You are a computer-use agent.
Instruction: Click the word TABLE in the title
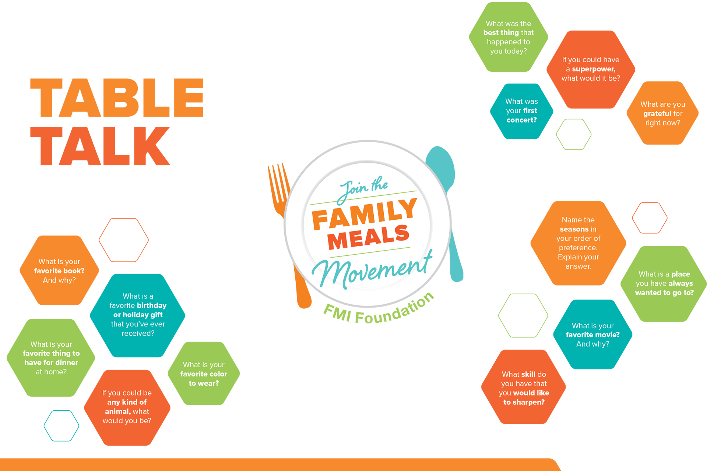click(x=117, y=98)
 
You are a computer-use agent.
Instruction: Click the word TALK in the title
click(x=100, y=146)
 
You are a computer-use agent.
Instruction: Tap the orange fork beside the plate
click(x=279, y=188)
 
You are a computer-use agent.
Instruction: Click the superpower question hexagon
click(x=591, y=69)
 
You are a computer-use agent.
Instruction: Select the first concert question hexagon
click(x=521, y=111)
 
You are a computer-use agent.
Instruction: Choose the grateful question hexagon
click(x=662, y=113)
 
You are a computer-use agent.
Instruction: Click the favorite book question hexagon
click(x=59, y=270)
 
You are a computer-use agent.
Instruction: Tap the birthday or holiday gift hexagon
click(x=138, y=315)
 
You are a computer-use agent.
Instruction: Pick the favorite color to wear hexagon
click(x=204, y=373)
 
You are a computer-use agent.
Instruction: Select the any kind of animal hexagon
click(x=127, y=407)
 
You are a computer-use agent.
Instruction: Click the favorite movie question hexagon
click(x=592, y=334)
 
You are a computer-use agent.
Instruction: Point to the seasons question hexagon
click(x=578, y=243)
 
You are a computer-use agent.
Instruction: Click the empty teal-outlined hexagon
click(x=61, y=426)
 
